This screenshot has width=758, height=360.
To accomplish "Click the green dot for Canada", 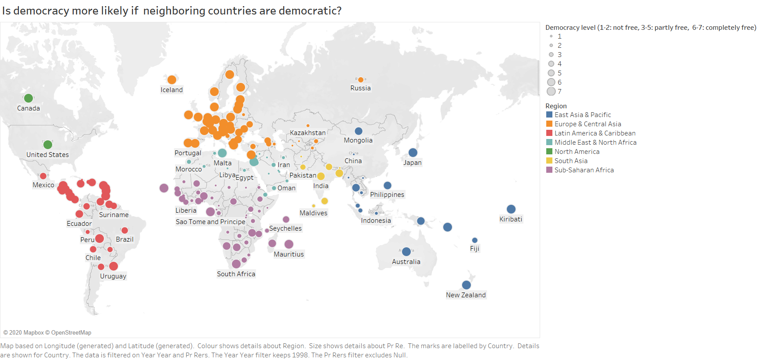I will (28, 98).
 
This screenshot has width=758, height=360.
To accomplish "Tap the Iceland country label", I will (171, 90).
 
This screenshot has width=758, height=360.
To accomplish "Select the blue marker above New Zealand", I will (466, 285).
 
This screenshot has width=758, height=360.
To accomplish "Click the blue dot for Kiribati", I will (511, 209).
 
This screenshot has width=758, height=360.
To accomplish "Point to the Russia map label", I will (360, 88).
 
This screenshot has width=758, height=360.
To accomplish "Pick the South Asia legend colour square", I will (549, 161).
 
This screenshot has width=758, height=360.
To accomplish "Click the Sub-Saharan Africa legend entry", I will (584, 170).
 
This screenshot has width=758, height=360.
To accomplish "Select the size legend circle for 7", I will (551, 91).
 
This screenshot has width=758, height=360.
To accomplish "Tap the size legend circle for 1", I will (551, 36).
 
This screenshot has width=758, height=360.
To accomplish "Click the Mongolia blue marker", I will (358, 131).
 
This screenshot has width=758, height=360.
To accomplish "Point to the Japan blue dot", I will (413, 152).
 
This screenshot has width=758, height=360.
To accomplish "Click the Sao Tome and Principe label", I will (210, 222).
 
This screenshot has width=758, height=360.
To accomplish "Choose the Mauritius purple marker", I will (288, 244).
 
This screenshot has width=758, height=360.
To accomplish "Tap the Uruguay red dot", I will (114, 266).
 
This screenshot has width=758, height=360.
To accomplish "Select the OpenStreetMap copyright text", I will (71, 333).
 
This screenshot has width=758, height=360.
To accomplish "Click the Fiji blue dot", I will (474, 240).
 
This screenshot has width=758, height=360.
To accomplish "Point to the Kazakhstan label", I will (307, 133).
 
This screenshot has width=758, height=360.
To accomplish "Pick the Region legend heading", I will (555, 106).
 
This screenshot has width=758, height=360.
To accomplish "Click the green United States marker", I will (48, 145).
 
